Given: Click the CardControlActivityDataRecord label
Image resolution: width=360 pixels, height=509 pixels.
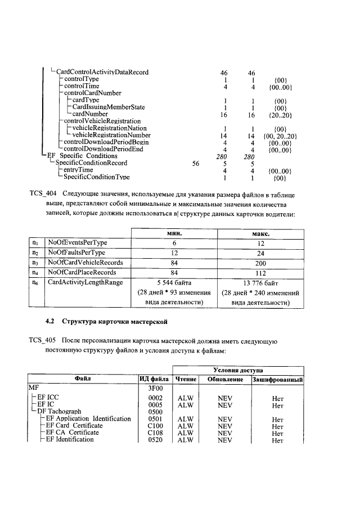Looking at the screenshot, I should [x=102, y=73].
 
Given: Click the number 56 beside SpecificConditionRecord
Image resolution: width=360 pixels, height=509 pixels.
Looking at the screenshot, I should [x=197, y=163].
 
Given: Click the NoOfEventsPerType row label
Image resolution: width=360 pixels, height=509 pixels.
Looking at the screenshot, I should [x=78, y=242].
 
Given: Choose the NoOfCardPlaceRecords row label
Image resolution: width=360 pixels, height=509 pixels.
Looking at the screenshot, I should [x=81, y=273].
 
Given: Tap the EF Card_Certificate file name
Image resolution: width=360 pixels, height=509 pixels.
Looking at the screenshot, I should [x=74, y=426].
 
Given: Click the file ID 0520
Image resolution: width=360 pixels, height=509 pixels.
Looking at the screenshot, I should [x=155, y=440].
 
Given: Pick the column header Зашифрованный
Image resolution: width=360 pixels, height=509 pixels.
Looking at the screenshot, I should [x=277, y=379].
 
